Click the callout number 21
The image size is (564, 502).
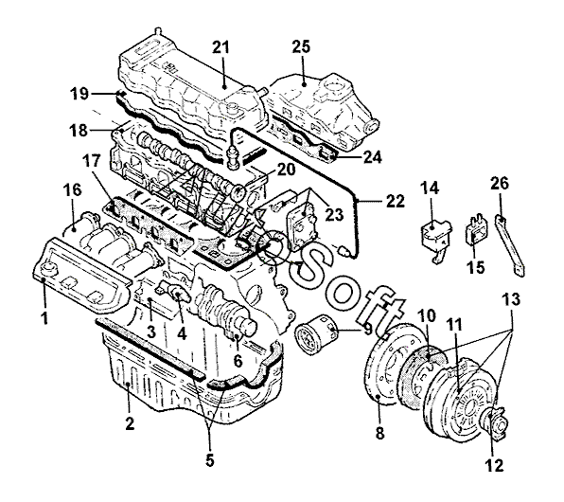[x=220, y=47]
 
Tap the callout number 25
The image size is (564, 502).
[x=301, y=46]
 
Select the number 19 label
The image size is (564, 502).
[x=79, y=94]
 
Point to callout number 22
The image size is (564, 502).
[x=396, y=202]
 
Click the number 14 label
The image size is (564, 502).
[x=430, y=188]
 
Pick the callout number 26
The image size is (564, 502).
[x=500, y=184]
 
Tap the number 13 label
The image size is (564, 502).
[x=511, y=299]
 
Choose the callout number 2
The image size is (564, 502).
[x=130, y=423]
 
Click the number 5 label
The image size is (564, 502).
[x=210, y=460]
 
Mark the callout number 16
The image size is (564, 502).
[x=73, y=190]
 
